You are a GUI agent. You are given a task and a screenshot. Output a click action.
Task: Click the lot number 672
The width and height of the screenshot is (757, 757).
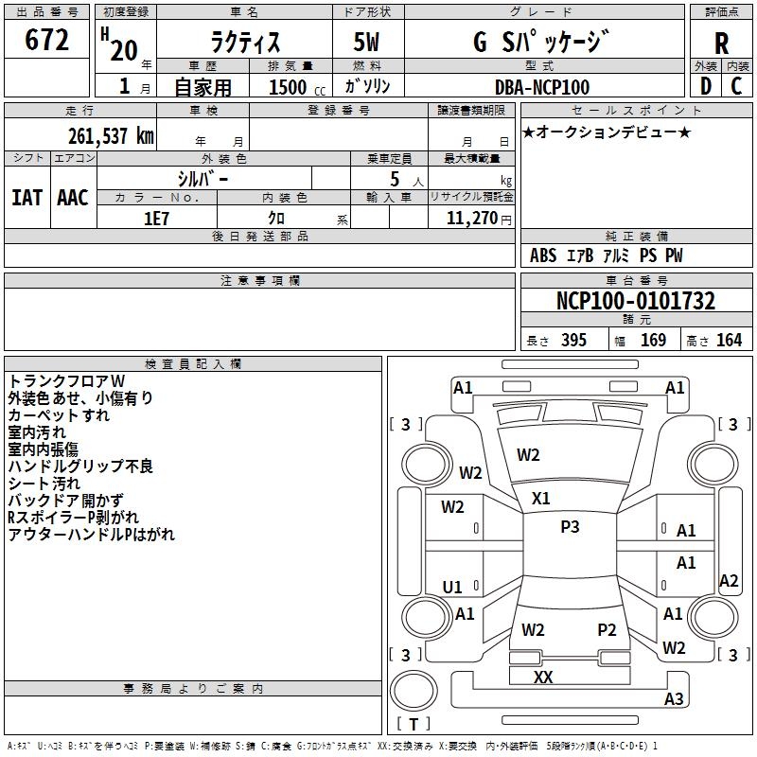pyautogui.click(x=46, y=39)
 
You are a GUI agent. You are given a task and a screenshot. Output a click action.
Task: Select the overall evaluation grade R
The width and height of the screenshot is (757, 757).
pyautogui.click(x=721, y=44)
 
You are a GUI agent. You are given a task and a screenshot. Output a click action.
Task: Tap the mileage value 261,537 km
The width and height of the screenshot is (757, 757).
pyautogui.click(x=111, y=136)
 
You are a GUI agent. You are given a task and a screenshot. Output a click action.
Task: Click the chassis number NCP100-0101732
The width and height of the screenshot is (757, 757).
pyautogui.click(x=636, y=301)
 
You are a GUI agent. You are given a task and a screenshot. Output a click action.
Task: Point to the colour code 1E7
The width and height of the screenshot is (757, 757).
pyautogui.click(x=156, y=219)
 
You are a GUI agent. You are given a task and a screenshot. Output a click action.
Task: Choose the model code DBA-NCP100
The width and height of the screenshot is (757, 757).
pyautogui.click(x=542, y=87)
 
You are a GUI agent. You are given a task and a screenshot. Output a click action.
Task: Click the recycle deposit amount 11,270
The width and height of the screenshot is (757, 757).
pyautogui.click(x=471, y=219)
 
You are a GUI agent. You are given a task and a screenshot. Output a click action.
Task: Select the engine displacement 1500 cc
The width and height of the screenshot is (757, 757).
pyautogui.click(x=297, y=87)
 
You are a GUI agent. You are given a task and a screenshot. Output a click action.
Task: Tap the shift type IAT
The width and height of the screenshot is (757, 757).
pyautogui.click(x=27, y=198)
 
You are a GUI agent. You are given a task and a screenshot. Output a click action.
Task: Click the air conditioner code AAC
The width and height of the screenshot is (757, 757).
pyautogui.click(x=73, y=198)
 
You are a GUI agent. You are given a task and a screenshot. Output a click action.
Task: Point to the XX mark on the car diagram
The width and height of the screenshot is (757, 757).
pyautogui.click(x=543, y=677)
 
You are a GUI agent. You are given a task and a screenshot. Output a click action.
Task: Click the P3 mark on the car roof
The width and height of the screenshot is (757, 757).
pyautogui.click(x=570, y=527)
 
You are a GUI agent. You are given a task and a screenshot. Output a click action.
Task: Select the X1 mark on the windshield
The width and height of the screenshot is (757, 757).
pyautogui.click(x=540, y=499)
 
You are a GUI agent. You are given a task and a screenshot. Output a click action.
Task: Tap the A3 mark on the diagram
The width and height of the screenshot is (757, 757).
pyautogui.click(x=674, y=698)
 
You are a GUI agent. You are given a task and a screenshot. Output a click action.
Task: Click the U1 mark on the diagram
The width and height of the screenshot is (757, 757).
pyautogui.click(x=452, y=587)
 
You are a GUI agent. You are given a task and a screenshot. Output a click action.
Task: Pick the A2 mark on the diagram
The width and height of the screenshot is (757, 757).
pyautogui.click(x=729, y=580)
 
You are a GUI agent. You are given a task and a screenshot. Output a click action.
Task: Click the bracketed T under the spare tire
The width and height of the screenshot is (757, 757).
pyautogui.click(x=414, y=724)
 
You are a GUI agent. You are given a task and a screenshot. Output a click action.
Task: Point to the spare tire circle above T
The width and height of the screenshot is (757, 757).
pyautogui.click(x=414, y=690)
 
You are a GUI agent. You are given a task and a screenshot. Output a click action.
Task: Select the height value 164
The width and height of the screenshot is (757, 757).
pyautogui.click(x=729, y=340)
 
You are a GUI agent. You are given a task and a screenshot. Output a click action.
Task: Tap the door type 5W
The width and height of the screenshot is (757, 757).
pyautogui.click(x=366, y=42)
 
